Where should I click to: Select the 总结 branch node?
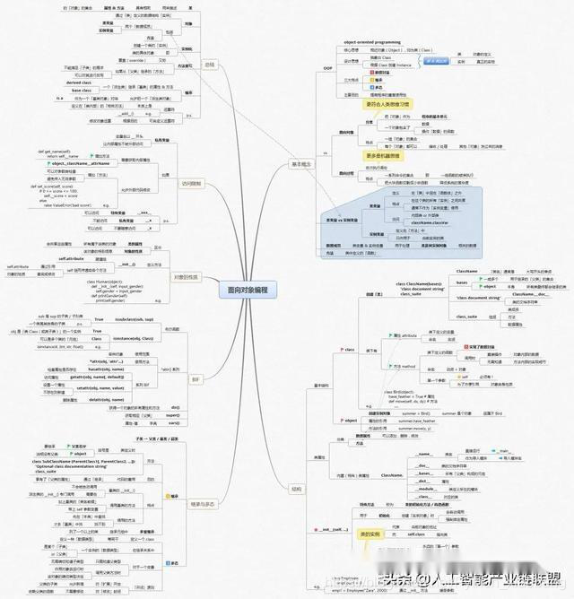pyautogui.click(x=209, y=65)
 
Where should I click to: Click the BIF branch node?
pyautogui.click(x=196, y=379)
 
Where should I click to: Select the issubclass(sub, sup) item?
pyautogui.click(x=137, y=319)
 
